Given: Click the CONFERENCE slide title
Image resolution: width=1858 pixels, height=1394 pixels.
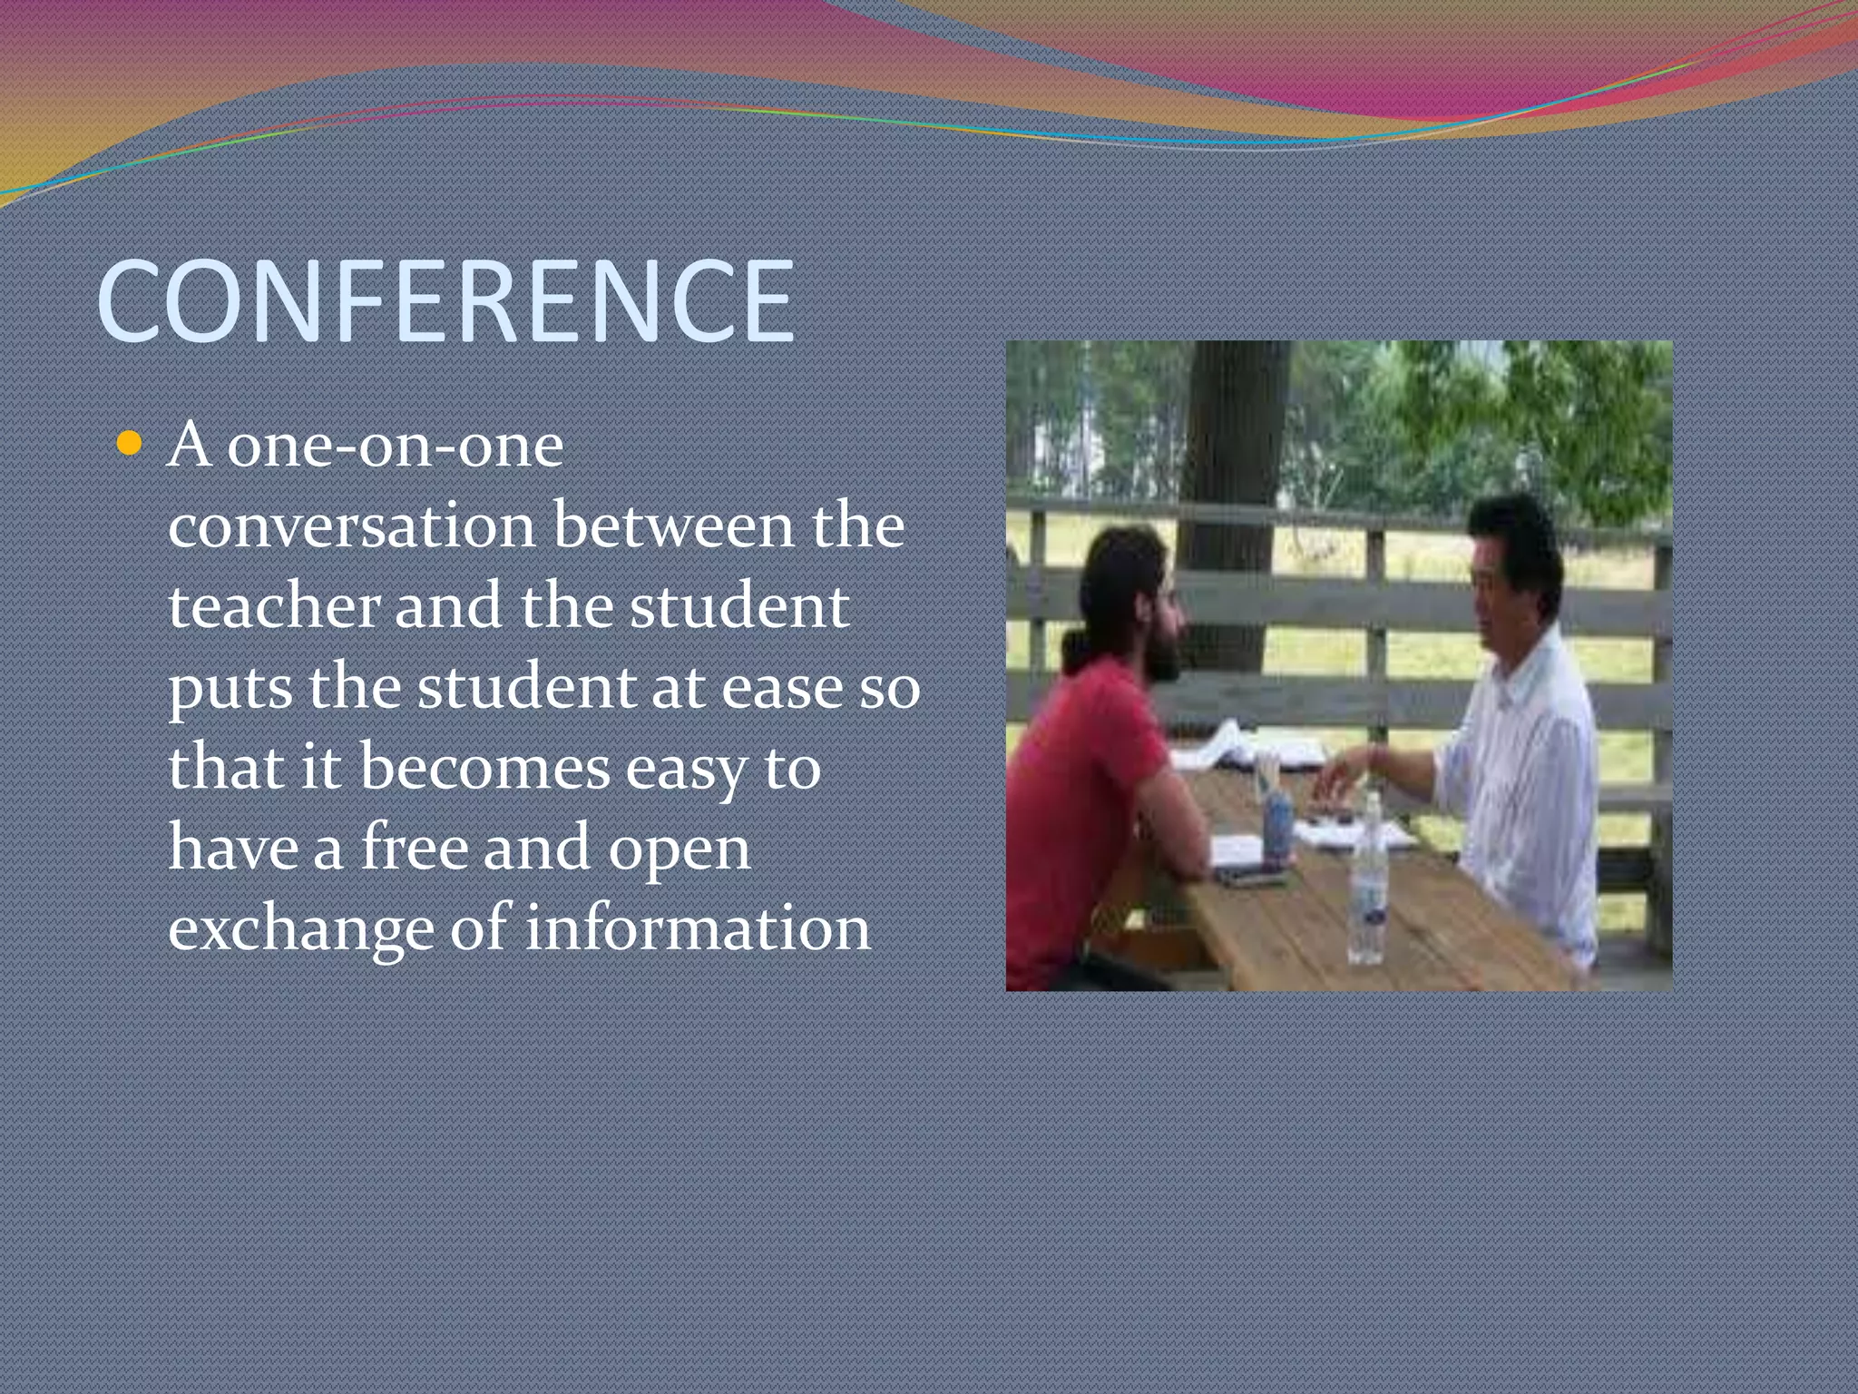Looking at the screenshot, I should [x=445, y=301].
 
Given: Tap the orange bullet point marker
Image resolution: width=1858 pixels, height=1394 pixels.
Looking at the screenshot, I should [x=130, y=444].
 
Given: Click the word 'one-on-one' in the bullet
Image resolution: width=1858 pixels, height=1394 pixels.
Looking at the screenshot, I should [x=395, y=447].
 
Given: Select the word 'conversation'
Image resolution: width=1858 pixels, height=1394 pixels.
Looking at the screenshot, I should [x=352, y=526].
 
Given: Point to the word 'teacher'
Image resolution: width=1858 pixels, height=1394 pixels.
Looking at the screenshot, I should [x=273, y=606].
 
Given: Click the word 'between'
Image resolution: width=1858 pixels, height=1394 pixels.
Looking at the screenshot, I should [x=673, y=526].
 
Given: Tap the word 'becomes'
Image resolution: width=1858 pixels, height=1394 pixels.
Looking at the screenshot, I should [x=484, y=768].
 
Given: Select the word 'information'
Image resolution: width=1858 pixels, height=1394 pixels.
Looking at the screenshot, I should [x=698, y=928].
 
